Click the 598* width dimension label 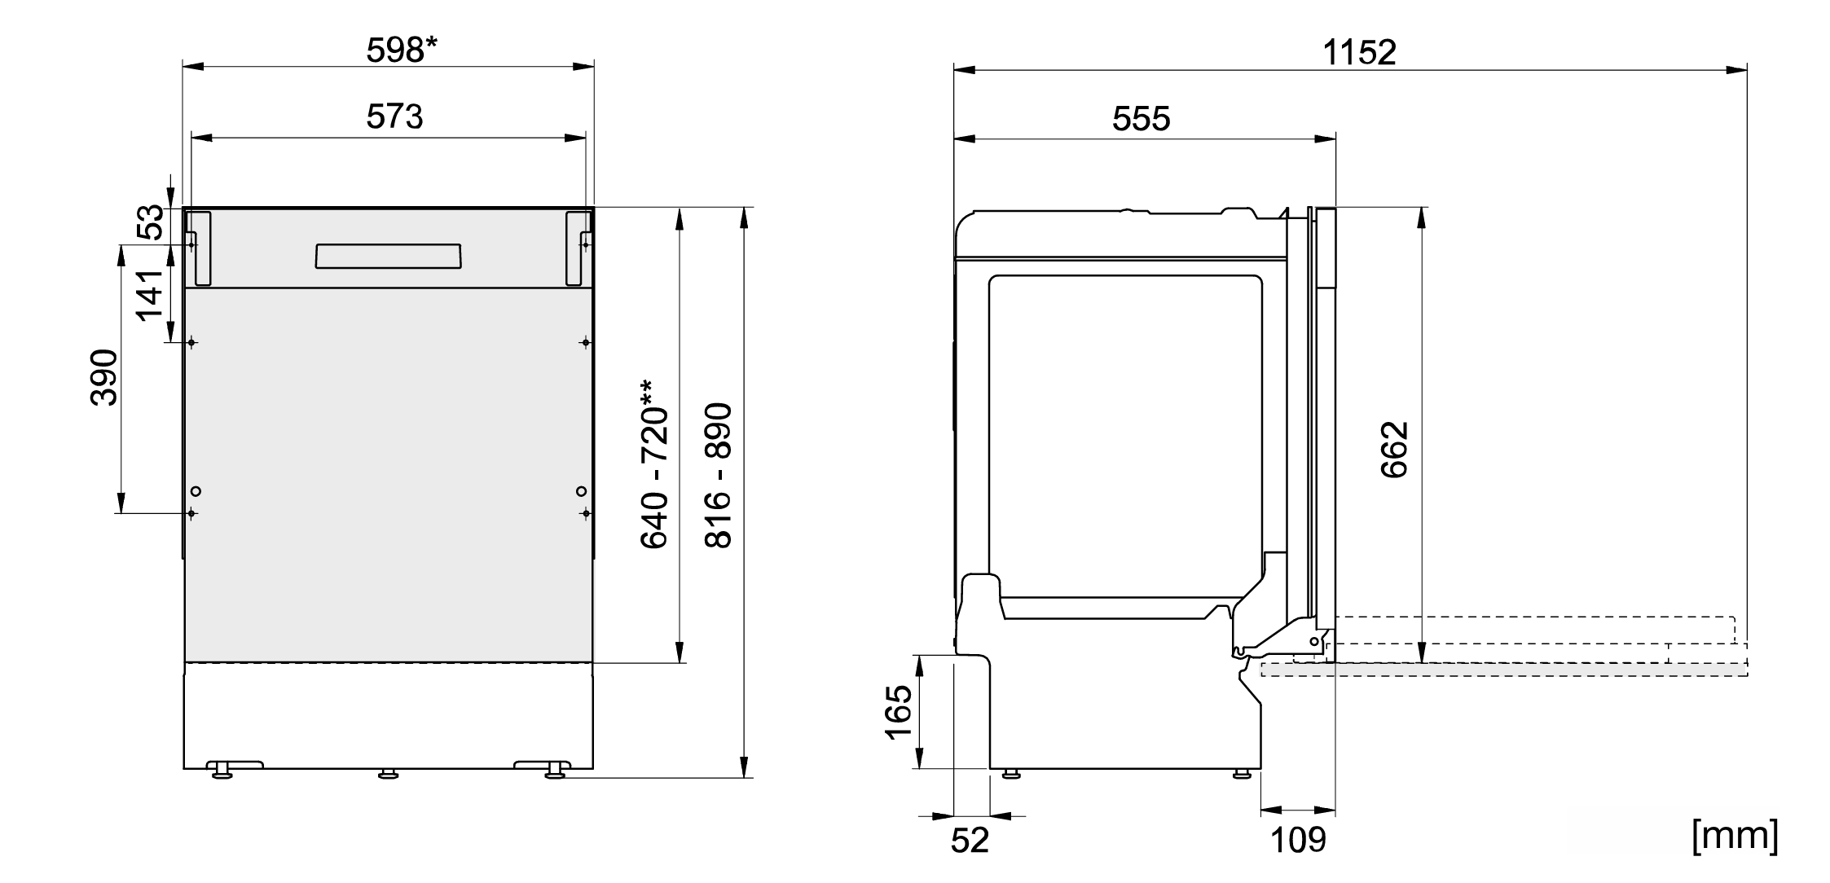(402, 51)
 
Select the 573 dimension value (394, 117)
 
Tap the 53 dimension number (150, 223)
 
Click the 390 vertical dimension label (104, 378)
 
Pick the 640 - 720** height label (654, 464)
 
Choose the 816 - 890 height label (718, 475)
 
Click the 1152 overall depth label (1359, 53)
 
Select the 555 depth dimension (1141, 119)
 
